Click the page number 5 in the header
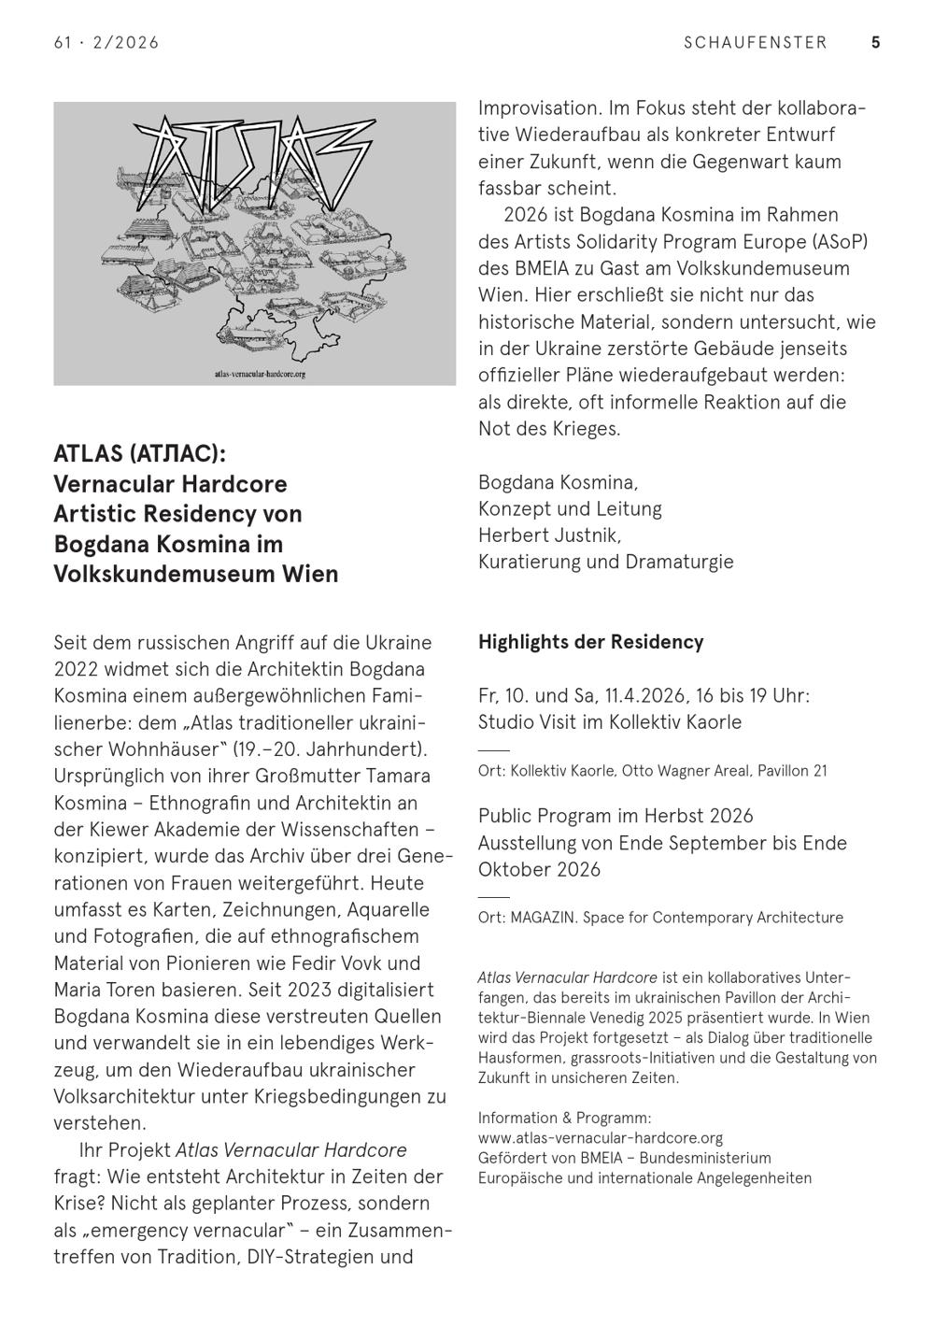click(875, 42)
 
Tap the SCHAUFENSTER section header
click(755, 42)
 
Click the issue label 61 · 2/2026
click(106, 42)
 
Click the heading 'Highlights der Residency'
click(590, 642)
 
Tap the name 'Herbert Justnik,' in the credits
click(549, 535)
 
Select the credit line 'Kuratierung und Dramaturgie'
click(605, 562)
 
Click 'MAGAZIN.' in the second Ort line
click(543, 918)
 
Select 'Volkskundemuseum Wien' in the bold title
click(195, 574)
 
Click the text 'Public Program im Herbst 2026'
click(615, 816)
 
